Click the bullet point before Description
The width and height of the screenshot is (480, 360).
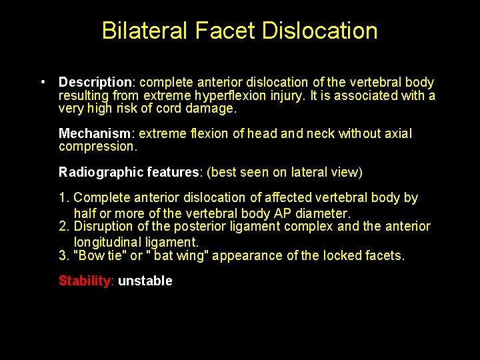point(42,83)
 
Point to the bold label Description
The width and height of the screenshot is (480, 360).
point(95,83)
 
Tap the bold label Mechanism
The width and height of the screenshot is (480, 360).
point(94,134)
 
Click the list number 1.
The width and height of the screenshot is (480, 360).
point(63,198)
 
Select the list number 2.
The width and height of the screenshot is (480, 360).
point(63,227)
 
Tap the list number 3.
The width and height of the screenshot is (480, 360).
point(63,255)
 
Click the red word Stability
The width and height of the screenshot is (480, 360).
point(86,281)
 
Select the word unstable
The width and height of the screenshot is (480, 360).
point(145,281)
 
